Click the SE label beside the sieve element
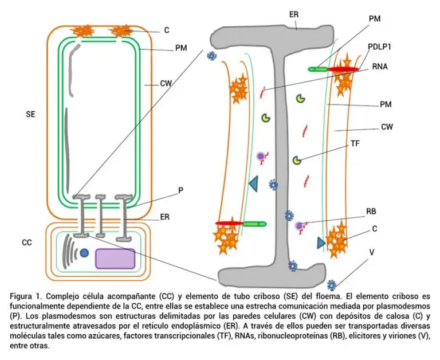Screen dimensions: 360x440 click(x=31, y=114)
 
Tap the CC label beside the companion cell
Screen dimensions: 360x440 click(x=27, y=242)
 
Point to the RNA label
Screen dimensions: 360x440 click(x=380, y=66)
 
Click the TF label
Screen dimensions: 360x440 click(x=355, y=144)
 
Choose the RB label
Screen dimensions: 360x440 click(x=371, y=212)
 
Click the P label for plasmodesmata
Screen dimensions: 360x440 click(x=180, y=190)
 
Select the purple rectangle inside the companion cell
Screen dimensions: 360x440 click(x=115, y=259)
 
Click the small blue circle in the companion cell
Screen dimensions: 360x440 click(x=84, y=252)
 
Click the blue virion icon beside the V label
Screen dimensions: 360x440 click(x=331, y=284)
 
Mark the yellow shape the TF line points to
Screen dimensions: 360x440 click(x=296, y=161)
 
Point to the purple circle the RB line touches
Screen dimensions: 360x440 click(x=299, y=226)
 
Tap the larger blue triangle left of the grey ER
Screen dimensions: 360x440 click(x=253, y=184)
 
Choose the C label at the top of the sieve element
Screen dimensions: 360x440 click(x=167, y=30)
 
